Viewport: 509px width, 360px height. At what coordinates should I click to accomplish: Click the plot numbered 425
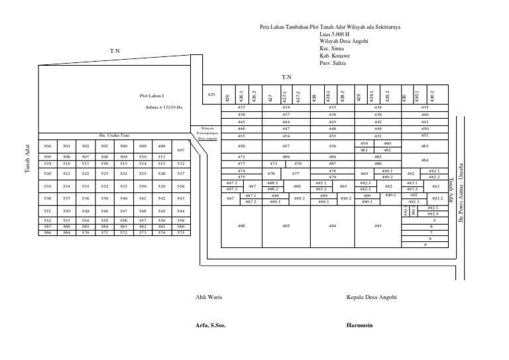(211, 95)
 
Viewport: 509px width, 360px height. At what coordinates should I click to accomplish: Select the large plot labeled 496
(241, 227)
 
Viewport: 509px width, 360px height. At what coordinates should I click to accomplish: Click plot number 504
(48, 146)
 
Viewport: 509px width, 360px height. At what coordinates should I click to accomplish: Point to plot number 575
(180, 233)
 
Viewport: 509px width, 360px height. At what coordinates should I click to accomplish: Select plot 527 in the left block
(180, 174)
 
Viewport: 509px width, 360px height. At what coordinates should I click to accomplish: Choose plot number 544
(180, 211)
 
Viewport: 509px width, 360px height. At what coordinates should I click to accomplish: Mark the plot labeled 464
(425, 160)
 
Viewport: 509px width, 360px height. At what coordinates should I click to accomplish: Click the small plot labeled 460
(388, 143)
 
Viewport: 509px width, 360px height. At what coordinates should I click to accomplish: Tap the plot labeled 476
(271, 174)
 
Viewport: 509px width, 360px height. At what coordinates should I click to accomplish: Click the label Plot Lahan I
(152, 96)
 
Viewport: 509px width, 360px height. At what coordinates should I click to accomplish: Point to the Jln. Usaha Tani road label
(113, 135)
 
